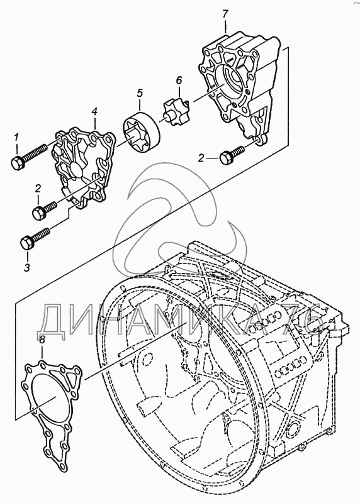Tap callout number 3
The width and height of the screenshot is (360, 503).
pos(28,267)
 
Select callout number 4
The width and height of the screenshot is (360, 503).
pos(94,112)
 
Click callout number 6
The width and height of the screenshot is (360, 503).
pos(179,80)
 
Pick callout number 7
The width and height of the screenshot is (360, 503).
pos(225,14)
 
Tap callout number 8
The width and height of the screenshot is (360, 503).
pos(42,340)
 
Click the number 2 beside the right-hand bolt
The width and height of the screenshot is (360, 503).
pos(201,158)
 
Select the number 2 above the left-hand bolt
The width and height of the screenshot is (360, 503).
pos(38,189)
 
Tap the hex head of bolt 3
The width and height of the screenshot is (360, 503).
pos(27,243)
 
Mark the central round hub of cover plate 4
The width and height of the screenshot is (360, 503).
pos(76,170)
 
